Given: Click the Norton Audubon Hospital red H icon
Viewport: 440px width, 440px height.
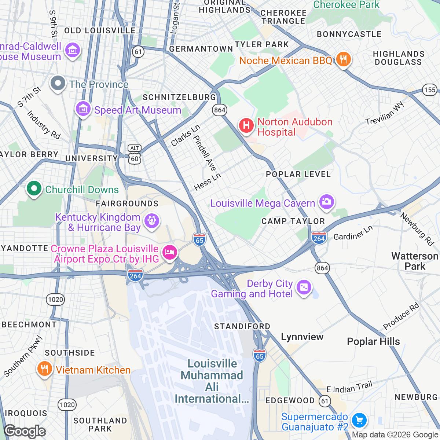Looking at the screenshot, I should [246, 125].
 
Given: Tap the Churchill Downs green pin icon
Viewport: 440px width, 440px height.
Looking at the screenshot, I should [34, 189].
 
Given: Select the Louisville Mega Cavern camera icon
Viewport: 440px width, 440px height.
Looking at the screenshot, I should [326, 202].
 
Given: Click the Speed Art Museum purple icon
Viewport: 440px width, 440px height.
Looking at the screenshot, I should [83, 109].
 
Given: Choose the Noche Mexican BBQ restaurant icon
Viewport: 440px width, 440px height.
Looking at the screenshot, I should [343, 59].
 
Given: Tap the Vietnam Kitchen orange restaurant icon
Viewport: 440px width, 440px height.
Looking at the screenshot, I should [44, 369].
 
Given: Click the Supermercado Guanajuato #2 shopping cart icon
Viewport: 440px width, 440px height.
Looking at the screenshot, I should [359, 420].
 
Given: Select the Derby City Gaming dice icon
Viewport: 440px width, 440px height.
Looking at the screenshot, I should [304, 287].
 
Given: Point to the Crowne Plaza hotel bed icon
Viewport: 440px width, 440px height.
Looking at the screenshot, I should [170, 252].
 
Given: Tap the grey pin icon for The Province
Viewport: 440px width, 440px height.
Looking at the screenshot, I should [58, 83].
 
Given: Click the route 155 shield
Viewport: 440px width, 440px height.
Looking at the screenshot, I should [430, 90].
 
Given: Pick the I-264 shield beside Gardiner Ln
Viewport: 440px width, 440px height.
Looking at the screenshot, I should [319, 238].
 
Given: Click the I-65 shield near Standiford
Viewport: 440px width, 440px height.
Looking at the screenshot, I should [259, 355].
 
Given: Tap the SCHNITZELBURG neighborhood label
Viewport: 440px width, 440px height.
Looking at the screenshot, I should [179, 97].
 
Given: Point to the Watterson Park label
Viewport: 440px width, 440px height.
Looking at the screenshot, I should [415, 261].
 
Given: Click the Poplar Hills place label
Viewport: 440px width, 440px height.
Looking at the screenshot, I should [373, 341].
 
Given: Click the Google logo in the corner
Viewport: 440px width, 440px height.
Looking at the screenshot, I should [25, 431].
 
